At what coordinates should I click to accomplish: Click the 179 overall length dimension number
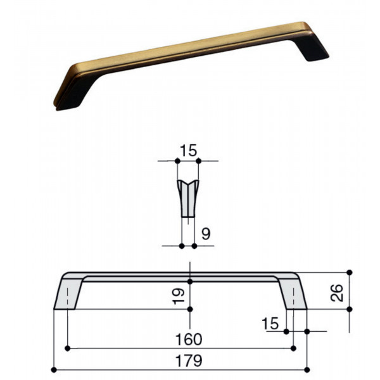click(189, 360)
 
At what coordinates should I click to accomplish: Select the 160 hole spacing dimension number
click(189, 339)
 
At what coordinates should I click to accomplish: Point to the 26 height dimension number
click(337, 293)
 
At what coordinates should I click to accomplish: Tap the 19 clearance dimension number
click(178, 296)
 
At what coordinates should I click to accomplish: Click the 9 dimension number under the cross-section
click(206, 234)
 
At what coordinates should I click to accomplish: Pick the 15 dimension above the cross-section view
click(188, 151)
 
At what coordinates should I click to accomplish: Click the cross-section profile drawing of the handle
click(188, 198)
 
